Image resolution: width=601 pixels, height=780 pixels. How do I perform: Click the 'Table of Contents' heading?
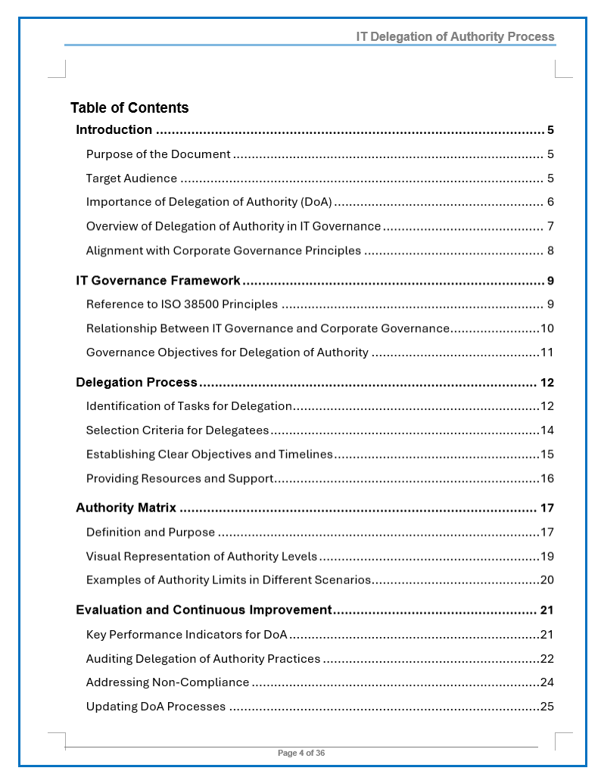click(x=129, y=107)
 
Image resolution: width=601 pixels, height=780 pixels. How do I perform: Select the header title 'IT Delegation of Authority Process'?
click(x=455, y=36)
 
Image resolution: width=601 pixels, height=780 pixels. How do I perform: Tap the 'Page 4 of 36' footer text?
click(x=301, y=753)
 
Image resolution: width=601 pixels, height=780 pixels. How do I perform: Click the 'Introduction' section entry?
click(x=114, y=129)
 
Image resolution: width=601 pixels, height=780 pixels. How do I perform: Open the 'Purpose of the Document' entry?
click(x=158, y=154)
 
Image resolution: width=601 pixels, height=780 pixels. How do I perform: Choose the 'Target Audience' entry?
click(x=132, y=179)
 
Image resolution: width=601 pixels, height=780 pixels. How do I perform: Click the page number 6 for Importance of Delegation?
click(x=550, y=202)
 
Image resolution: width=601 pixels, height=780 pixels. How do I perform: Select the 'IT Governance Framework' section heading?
click(x=158, y=281)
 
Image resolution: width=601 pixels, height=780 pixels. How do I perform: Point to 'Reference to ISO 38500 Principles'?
click(x=182, y=305)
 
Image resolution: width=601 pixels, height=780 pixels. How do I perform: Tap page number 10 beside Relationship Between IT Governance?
click(x=547, y=328)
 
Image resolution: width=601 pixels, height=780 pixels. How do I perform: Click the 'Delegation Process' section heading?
click(x=136, y=382)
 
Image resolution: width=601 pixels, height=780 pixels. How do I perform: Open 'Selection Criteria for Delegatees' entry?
click(x=177, y=430)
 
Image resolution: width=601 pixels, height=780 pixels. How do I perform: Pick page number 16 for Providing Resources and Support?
click(x=547, y=478)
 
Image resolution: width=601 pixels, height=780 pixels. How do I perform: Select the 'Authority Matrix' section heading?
click(x=126, y=508)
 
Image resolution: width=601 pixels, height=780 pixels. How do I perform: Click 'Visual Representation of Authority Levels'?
click(x=201, y=556)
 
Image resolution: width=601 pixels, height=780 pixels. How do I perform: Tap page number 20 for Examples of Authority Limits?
click(x=547, y=580)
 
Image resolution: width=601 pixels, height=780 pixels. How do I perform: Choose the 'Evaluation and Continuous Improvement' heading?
click(x=204, y=610)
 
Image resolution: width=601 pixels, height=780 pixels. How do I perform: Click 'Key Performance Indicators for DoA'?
click(x=186, y=634)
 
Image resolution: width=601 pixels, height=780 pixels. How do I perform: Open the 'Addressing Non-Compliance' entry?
click(x=167, y=682)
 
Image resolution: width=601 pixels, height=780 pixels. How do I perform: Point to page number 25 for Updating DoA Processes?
click(x=547, y=707)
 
